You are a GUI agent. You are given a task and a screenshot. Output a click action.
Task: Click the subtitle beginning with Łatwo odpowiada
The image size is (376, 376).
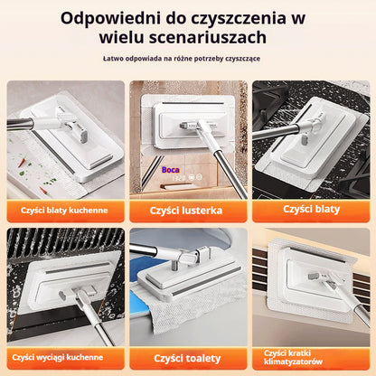(187, 60)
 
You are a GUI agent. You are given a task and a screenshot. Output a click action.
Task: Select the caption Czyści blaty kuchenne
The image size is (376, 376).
(65, 211)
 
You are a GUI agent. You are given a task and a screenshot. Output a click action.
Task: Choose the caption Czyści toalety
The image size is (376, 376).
(188, 358)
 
